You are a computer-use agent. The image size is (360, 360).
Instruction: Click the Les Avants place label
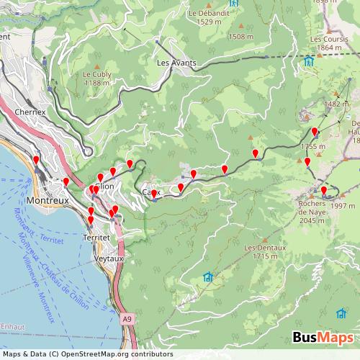(176, 63)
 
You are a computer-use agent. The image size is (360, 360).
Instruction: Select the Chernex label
(30, 112)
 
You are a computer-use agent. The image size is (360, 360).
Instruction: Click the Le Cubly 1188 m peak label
(96, 78)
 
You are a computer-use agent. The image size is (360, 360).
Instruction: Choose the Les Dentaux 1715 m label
(261, 251)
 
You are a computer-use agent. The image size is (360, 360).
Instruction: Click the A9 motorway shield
(127, 318)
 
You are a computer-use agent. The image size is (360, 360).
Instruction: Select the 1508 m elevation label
(240, 36)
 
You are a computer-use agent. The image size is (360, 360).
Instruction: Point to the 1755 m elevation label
(313, 146)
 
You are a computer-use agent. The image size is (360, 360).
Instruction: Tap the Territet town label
(96, 237)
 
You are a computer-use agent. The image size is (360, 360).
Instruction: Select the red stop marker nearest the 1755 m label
(315, 131)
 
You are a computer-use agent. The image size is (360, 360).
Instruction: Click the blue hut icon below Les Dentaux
(208, 276)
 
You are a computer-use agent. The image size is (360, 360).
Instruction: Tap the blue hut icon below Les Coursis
(309, 60)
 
